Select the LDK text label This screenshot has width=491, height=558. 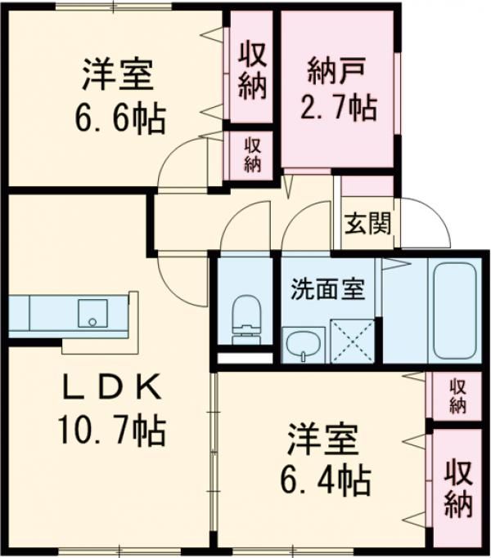point(112,391)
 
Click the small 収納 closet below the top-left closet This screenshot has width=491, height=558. point(253,154)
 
